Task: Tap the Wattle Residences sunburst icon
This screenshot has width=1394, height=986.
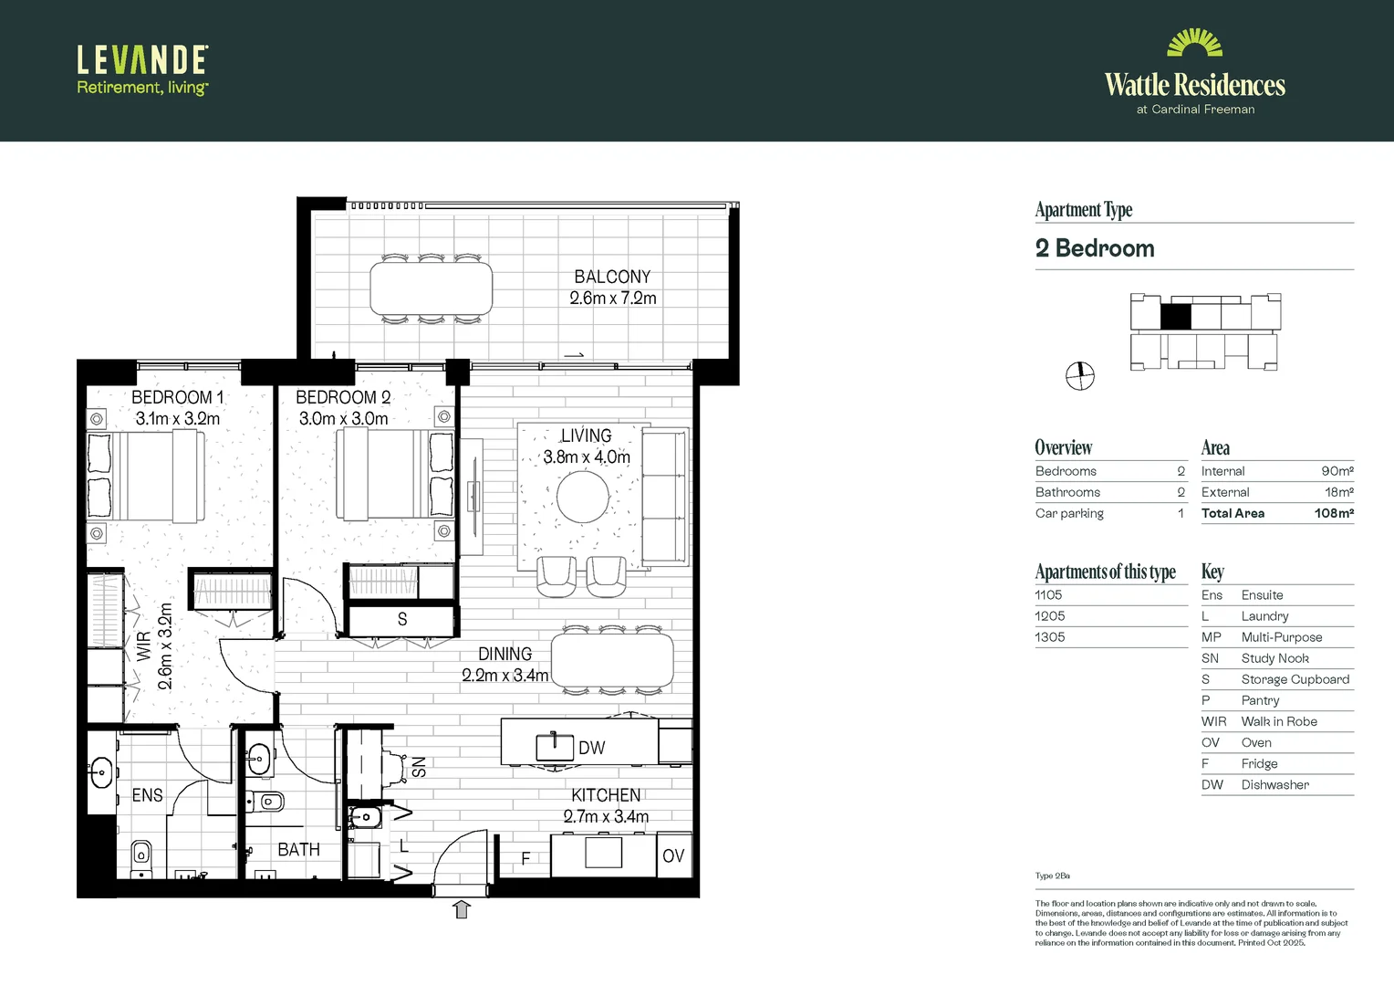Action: (x=1194, y=43)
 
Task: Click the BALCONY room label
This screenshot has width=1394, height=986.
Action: (x=612, y=277)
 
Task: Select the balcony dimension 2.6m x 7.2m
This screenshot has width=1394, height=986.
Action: (x=612, y=299)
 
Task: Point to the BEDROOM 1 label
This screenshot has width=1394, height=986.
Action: (x=177, y=397)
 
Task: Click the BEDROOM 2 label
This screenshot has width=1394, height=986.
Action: (x=343, y=397)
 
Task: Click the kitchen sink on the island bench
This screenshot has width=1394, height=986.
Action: (x=554, y=746)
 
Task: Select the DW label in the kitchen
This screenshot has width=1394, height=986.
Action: (x=592, y=748)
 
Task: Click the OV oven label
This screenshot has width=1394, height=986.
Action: (x=673, y=856)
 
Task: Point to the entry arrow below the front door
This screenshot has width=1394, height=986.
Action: (x=462, y=908)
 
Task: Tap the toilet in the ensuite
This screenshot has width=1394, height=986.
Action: (x=141, y=855)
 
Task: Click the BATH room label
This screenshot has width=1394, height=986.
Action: (x=298, y=850)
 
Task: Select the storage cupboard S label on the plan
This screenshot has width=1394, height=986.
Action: (x=402, y=620)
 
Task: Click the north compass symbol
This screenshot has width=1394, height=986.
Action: (x=1080, y=375)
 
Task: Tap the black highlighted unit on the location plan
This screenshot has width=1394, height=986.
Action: (x=1175, y=316)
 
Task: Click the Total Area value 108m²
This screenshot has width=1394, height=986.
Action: (x=1333, y=513)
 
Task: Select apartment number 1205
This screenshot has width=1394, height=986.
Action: (x=1050, y=616)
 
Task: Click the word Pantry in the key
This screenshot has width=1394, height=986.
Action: (x=1260, y=700)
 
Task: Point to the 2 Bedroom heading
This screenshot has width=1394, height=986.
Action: (x=1095, y=248)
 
